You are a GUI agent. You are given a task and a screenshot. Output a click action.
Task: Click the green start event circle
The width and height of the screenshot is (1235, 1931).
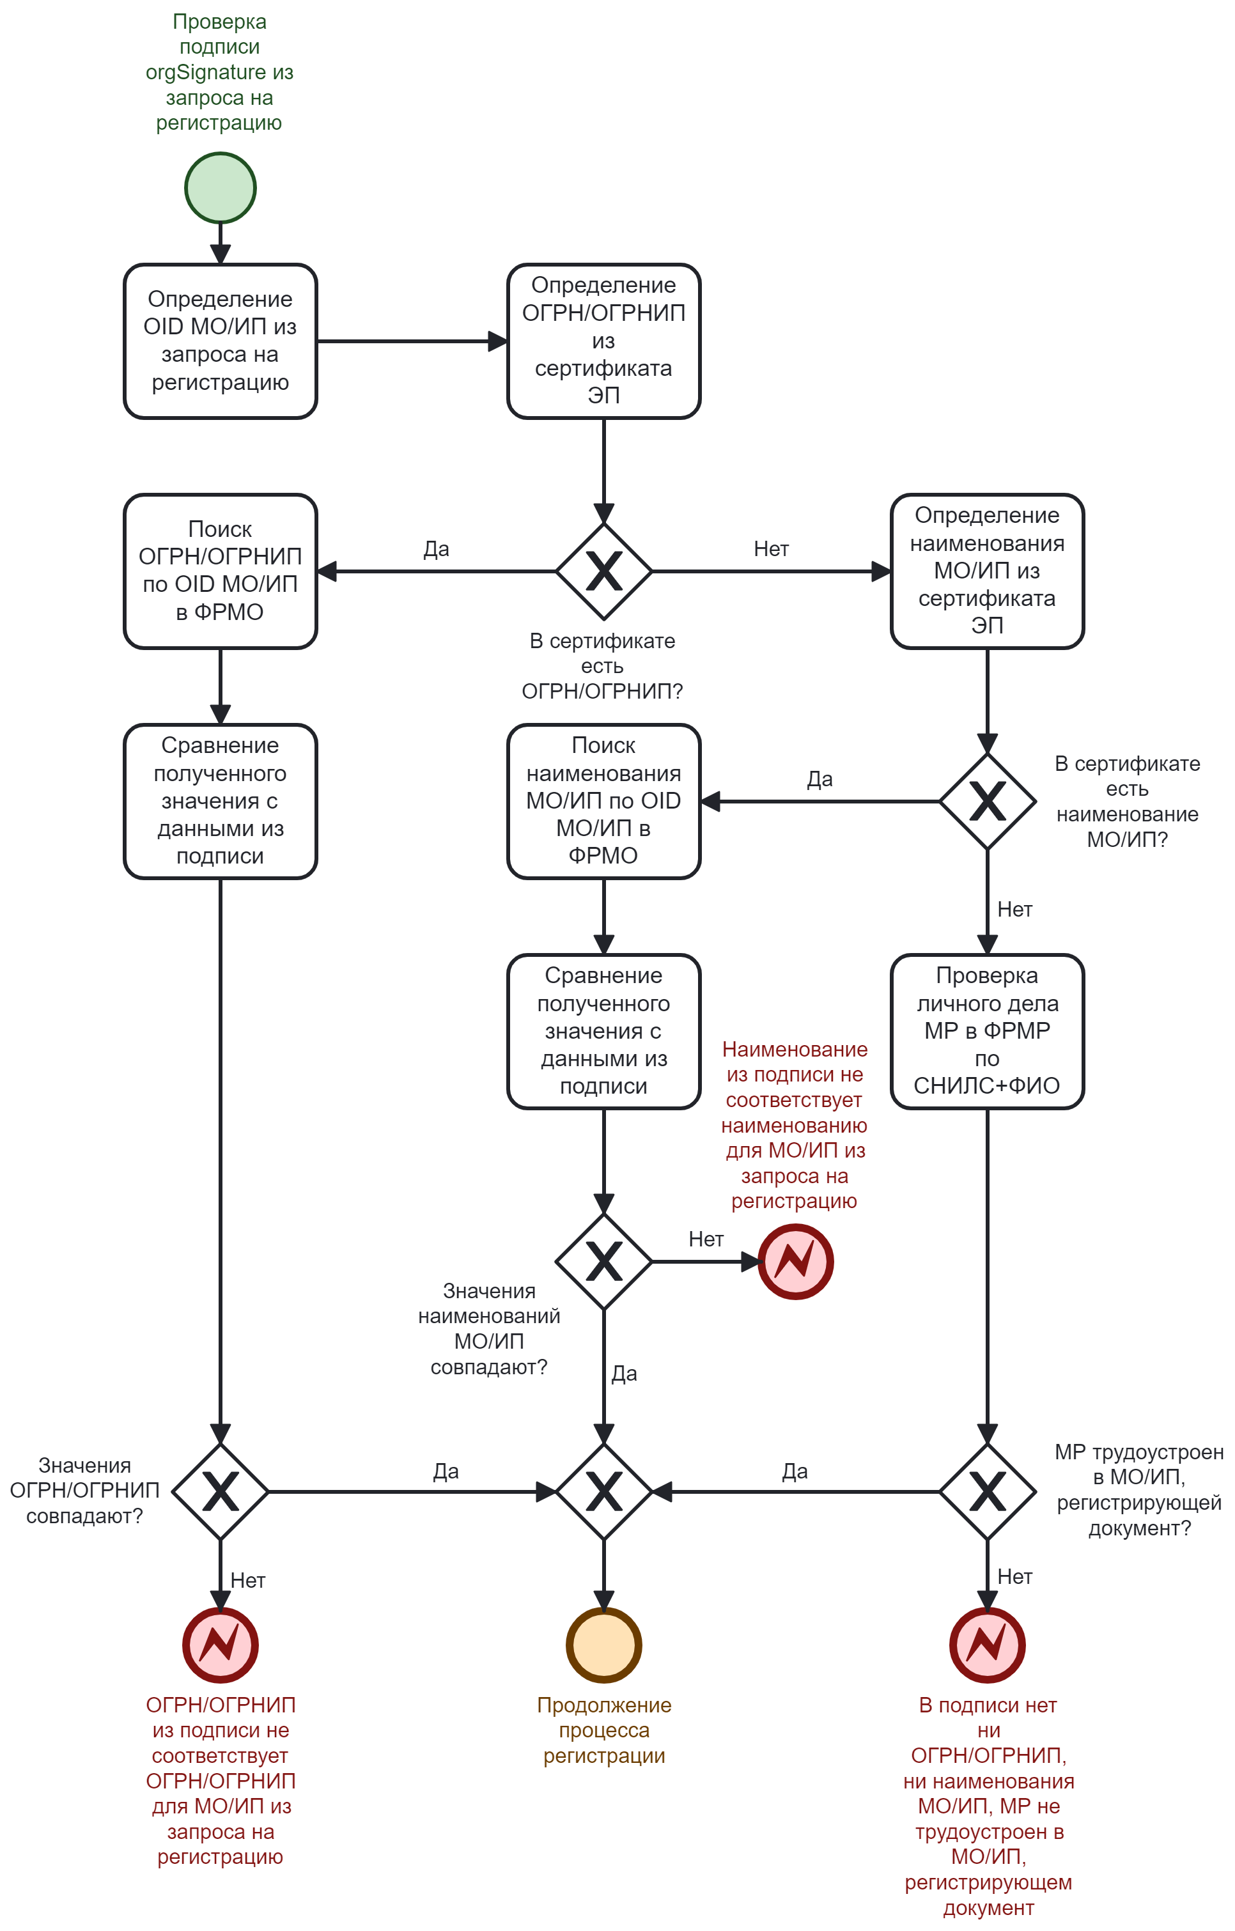(x=221, y=188)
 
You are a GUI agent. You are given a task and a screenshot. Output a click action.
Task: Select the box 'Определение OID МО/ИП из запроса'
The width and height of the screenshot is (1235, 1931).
(x=221, y=341)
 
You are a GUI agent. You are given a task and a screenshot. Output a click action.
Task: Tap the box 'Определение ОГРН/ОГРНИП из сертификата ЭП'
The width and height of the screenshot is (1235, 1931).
(x=604, y=341)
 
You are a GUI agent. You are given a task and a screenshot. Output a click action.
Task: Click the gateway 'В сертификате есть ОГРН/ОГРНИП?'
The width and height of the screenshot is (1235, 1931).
(x=604, y=572)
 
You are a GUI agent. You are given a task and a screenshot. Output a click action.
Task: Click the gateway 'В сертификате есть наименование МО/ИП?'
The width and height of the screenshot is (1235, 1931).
(x=987, y=801)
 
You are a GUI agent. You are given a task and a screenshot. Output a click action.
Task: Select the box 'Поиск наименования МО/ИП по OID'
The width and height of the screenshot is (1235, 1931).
(x=604, y=801)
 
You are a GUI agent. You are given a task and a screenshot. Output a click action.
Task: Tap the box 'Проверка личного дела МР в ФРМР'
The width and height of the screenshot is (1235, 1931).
(x=987, y=1031)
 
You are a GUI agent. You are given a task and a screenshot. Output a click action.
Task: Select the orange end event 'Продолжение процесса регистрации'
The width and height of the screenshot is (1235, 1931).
(x=604, y=1645)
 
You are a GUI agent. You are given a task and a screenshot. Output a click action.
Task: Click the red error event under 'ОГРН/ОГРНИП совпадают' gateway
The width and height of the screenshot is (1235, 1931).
(x=221, y=1645)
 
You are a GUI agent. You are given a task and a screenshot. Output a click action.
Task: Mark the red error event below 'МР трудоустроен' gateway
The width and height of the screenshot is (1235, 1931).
(x=987, y=1645)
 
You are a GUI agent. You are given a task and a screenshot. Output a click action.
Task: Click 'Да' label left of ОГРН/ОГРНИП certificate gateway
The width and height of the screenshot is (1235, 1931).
(x=436, y=549)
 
